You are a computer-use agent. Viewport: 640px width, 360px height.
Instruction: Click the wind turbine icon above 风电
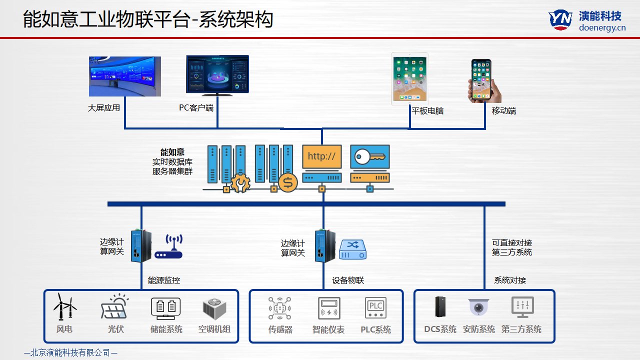point(65,306)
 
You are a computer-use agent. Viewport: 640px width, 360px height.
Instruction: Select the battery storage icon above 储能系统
point(165,308)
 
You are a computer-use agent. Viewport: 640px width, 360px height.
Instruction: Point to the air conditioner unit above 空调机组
point(214,309)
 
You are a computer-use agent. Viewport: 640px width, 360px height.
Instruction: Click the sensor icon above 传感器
point(279,308)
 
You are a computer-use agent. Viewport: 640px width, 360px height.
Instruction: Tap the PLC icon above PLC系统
point(375,308)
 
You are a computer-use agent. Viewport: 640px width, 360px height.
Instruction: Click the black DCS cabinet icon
point(439,307)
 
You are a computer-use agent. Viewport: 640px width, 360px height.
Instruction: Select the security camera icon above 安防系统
point(478,307)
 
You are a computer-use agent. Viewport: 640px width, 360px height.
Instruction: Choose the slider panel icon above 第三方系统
point(522,307)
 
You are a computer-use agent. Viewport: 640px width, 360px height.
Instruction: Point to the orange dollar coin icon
point(287,182)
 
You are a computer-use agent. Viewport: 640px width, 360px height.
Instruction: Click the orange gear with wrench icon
point(240,183)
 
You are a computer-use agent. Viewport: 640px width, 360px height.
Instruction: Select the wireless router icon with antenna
point(168,248)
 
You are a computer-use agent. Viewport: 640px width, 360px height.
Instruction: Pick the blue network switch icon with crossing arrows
point(353,249)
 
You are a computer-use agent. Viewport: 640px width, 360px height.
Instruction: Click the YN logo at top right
point(560,19)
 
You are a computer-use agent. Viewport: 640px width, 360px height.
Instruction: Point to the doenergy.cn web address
point(602,28)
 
